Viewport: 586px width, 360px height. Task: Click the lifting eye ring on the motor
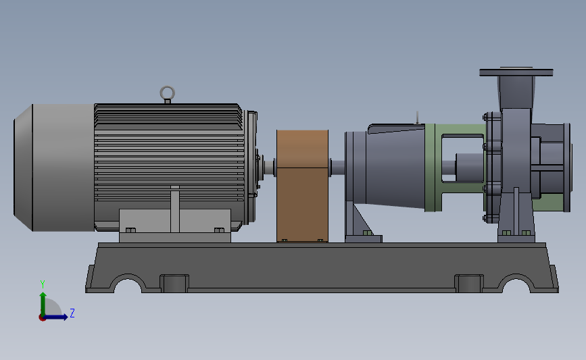(167, 87)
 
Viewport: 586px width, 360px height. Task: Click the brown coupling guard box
(302, 186)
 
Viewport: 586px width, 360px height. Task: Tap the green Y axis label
(43, 284)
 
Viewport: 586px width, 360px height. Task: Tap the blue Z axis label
(72, 313)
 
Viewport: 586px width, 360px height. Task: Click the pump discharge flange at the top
(516, 72)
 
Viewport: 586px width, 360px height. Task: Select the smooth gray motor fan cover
(54, 168)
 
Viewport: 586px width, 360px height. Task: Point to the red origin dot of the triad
(42, 318)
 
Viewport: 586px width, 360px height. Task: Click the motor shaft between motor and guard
(269, 168)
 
